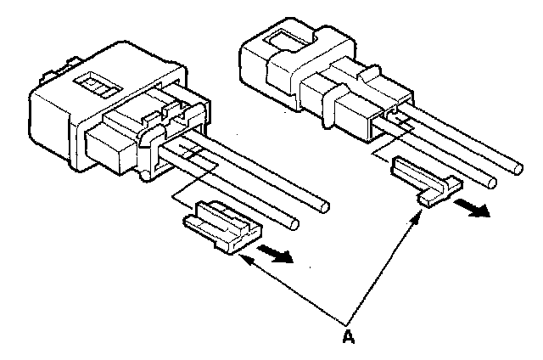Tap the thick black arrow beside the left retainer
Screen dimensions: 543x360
point(278,254)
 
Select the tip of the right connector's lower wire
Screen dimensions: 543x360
point(490,180)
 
